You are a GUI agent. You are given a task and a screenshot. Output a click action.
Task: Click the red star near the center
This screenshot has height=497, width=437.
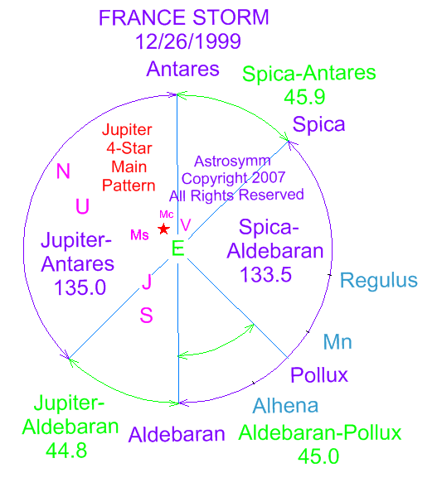pos(163,229)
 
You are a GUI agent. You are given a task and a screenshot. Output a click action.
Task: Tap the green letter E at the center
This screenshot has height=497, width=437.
pos(177,248)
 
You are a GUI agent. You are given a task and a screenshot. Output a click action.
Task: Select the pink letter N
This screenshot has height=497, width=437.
pos(63,171)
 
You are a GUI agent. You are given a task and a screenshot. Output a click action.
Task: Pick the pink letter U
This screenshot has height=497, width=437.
pos(82,206)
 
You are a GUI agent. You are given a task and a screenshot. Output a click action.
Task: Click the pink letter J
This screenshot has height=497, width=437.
pos(147,282)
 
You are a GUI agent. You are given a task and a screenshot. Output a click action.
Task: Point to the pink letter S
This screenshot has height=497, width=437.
pos(146,316)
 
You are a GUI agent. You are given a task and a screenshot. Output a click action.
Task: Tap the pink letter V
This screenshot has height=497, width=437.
pos(186,225)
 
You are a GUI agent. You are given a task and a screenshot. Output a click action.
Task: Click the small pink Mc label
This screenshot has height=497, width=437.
pos(167,215)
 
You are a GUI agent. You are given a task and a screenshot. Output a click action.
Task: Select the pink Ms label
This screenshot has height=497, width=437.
pos(139,235)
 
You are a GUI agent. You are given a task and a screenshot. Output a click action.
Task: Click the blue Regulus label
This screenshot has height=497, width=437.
pos(379,281)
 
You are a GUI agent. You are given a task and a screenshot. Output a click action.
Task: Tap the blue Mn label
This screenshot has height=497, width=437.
pos(337,341)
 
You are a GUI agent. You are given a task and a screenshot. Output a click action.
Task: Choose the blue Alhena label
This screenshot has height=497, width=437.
pos(285,405)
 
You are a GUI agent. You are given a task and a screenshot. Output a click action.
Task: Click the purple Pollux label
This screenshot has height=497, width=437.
pos(319,375)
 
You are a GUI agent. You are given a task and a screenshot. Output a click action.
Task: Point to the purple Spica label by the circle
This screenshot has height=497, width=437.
pos(318,124)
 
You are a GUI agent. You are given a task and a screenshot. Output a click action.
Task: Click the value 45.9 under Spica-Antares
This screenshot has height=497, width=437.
pos(304,97)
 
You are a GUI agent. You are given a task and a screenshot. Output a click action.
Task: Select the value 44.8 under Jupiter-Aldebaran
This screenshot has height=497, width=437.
pos(66,451)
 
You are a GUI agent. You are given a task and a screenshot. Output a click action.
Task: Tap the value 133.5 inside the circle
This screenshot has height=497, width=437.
pos(265,274)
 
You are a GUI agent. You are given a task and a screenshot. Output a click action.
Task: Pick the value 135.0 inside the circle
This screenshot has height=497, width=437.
pos(80,287)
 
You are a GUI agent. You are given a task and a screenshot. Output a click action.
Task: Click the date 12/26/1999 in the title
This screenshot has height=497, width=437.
pos(188,41)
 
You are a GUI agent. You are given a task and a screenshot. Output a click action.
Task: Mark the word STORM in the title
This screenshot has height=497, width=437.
pos(231,17)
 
